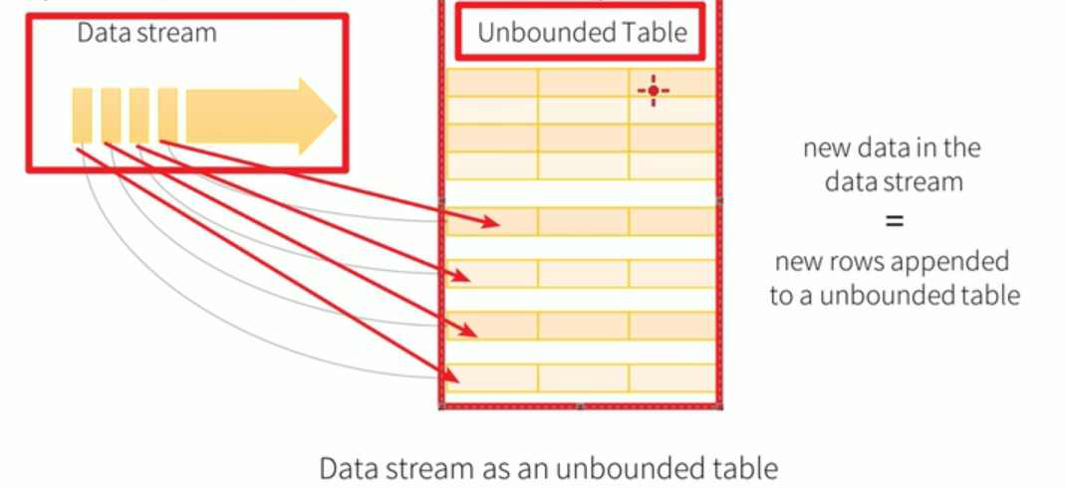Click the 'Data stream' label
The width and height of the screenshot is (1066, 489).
(x=146, y=33)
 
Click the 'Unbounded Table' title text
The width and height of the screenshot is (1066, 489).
(x=582, y=33)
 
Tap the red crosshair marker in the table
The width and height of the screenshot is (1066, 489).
(x=654, y=91)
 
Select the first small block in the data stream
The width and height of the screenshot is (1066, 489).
(x=82, y=116)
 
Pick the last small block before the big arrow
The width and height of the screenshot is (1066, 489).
(x=167, y=116)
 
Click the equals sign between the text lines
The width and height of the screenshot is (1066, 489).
(x=894, y=221)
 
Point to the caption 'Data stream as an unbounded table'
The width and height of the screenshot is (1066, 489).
(x=548, y=467)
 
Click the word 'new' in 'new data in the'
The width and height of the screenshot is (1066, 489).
(x=826, y=148)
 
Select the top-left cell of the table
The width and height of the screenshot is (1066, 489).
(x=492, y=83)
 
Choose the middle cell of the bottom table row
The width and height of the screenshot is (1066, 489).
(x=583, y=377)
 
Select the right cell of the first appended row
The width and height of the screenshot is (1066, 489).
(x=672, y=221)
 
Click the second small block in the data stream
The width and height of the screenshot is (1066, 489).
(x=111, y=116)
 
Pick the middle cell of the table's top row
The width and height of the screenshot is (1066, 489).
(x=583, y=83)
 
